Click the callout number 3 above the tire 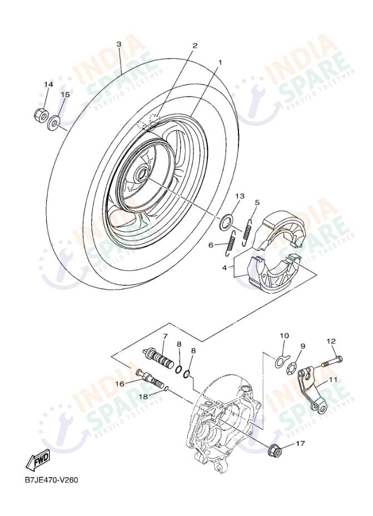point(119,44)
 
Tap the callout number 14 point(48,84)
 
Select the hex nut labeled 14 point(39,115)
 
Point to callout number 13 point(240,196)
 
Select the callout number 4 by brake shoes point(225,267)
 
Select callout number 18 point(143,396)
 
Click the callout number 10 point(284,336)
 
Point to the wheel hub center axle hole point(141,175)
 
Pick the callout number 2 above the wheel point(195,45)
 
